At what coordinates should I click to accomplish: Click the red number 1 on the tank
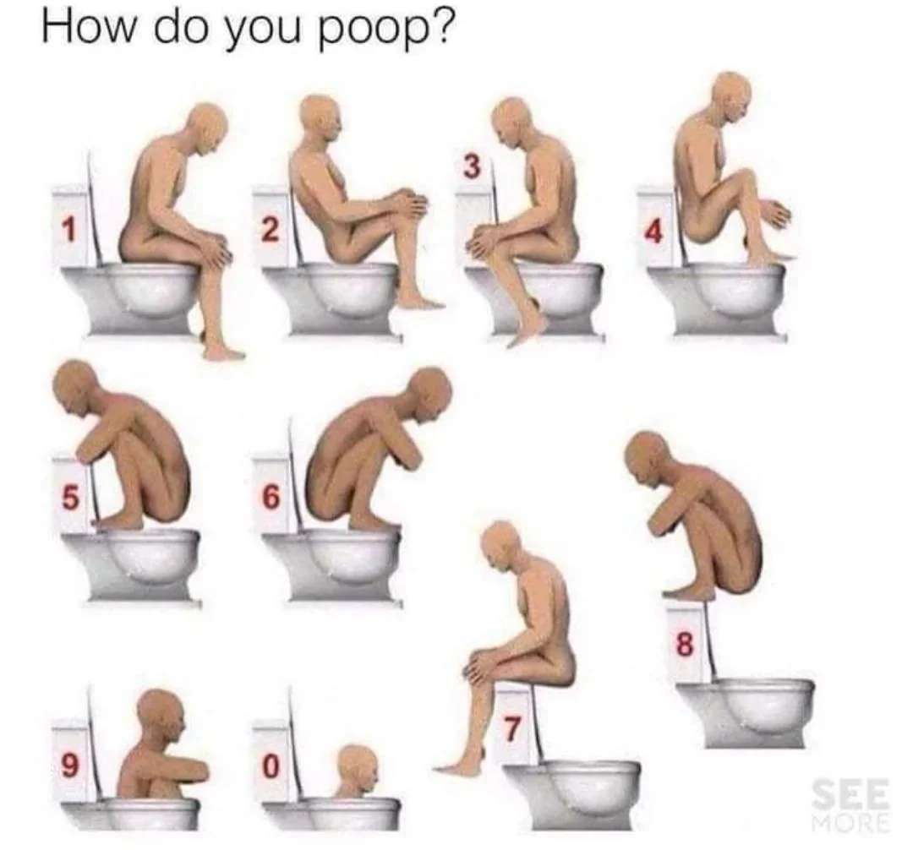click(69, 229)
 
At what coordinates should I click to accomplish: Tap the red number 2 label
click(269, 230)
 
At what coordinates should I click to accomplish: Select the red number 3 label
click(473, 167)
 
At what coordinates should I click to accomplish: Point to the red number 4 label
click(653, 232)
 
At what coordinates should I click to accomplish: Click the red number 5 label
click(69, 498)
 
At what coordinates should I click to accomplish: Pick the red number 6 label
click(271, 498)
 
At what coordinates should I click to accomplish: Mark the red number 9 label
click(69, 766)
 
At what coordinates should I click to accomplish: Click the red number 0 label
click(269, 766)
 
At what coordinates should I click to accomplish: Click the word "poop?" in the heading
click(385, 30)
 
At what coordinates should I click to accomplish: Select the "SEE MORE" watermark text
click(852, 807)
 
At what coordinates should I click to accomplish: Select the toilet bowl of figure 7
click(571, 795)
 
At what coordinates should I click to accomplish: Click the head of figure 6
click(429, 393)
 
